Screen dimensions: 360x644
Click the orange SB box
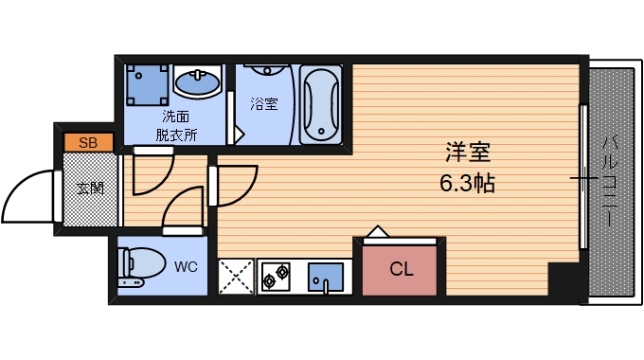[x=88, y=143]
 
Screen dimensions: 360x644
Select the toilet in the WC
[x=136, y=265]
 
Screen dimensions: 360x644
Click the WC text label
[x=186, y=266]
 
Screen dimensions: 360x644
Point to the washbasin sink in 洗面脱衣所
[x=198, y=84]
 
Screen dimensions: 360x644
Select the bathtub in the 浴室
[x=320, y=103]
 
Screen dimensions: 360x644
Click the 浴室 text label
[x=264, y=103]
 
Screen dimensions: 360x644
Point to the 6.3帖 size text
[x=469, y=182]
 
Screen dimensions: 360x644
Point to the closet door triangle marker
[x=377, y=232]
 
